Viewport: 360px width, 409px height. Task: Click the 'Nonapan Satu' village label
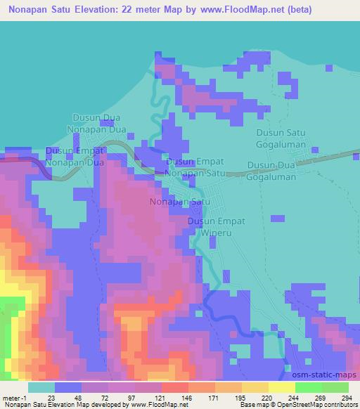[181, 202]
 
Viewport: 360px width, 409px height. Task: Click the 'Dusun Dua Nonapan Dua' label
[96, 124]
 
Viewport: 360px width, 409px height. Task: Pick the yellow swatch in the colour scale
[282, 387]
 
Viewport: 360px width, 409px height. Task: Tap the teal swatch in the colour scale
[41, 387]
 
